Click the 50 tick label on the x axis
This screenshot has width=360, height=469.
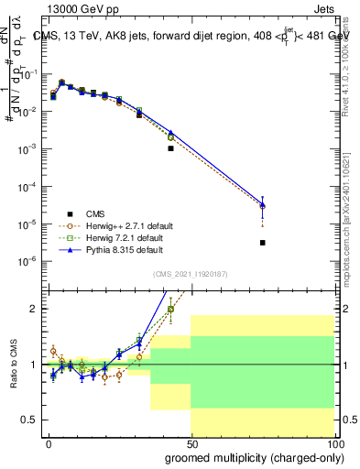tap(191, 443)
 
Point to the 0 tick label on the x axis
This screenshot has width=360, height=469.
tap(49, 443)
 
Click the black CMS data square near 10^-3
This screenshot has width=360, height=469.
tap(170, 147)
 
